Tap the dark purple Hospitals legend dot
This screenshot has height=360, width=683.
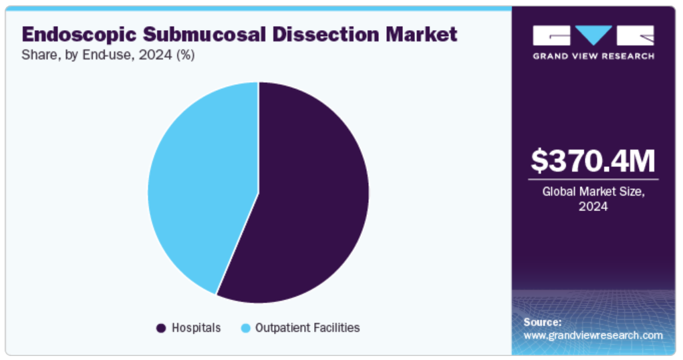tap(161, 328)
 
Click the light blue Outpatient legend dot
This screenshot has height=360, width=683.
tap(246, 328)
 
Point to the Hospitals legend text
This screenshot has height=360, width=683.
tap(196, 328)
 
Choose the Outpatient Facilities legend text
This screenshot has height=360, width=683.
tap(307, 328)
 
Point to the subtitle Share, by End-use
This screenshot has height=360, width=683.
tap(74, 56)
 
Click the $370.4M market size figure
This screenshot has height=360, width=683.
tap(593, 161)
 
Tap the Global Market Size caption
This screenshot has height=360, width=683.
tap(593, 192)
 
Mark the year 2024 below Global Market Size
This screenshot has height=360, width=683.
tap(593, 207)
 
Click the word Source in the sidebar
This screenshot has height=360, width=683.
tap(542, 322)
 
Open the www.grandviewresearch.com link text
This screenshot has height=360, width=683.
tap(593, 335)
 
